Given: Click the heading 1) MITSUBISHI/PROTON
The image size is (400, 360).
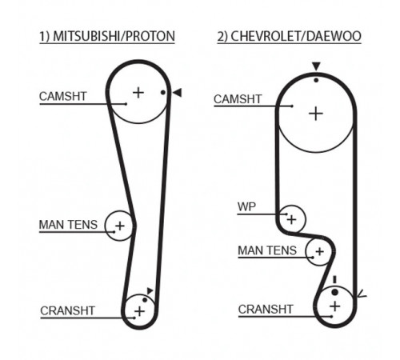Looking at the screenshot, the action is point(107,36).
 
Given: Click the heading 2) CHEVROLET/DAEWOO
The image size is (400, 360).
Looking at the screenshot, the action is point(290,36).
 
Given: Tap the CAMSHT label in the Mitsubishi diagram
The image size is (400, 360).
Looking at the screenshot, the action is point(63,96).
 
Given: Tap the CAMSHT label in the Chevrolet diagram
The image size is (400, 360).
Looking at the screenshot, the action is point(238,99).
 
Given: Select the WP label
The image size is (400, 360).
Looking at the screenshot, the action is point(246,206).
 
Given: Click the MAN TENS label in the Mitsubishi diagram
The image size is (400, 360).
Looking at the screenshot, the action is point(68,225).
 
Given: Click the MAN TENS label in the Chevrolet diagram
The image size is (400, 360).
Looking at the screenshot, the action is point(267,250).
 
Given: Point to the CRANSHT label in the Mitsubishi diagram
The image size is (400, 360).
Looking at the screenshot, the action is point(68,310).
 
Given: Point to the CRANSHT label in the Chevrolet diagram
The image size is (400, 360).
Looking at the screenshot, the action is point(266,310).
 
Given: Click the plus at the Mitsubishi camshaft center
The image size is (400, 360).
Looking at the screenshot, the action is point(138,93).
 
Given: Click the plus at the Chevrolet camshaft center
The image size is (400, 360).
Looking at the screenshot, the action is point(316,114).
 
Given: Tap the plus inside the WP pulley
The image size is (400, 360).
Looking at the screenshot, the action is point(291,219).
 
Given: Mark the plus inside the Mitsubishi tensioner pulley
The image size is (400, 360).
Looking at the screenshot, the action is point(120,226).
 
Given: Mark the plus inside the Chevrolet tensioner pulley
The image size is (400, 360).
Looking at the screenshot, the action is point(319,251).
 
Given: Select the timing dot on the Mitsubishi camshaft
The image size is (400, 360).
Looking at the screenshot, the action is point(163,93).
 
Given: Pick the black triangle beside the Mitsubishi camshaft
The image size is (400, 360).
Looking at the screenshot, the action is point(178,93).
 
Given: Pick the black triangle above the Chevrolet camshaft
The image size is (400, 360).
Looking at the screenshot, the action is point(316,66).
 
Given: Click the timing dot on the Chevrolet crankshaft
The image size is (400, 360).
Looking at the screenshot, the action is point(335,292).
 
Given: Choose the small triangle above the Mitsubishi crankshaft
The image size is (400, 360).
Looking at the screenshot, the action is point(150,290).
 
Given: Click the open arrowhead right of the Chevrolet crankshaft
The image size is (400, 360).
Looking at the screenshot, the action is point(362,294).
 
